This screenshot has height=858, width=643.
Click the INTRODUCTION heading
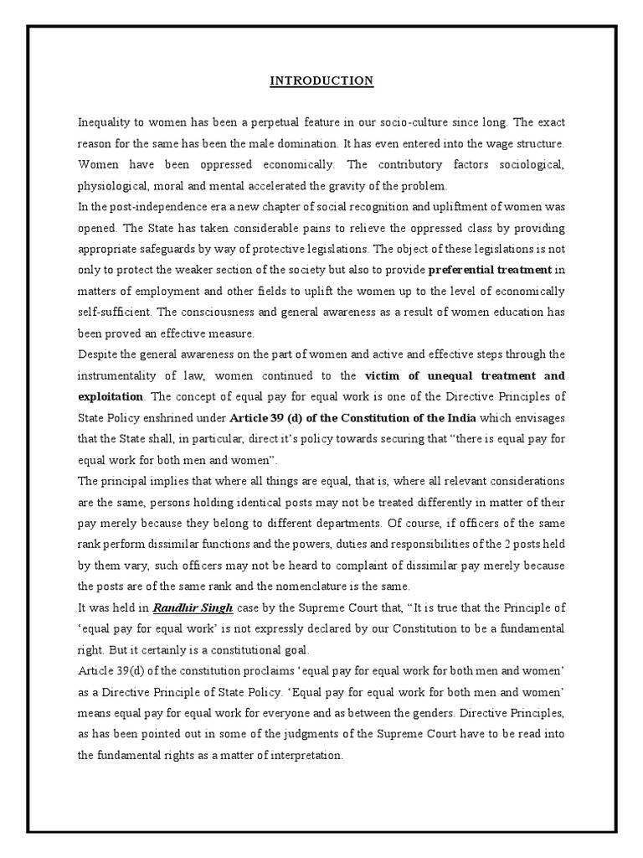coord(321,81)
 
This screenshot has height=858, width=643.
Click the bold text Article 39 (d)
coord(273,417)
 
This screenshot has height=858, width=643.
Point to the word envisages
coord(540,417)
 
